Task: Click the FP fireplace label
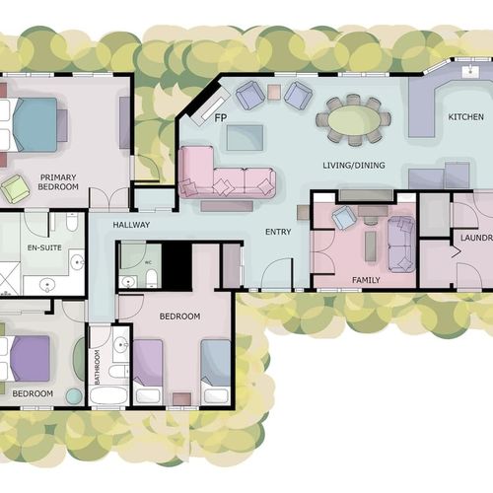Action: pos(221,117)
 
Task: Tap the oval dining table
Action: pos(354,120)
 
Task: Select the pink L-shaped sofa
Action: pos(226,173)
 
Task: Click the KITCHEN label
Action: pos(465,117)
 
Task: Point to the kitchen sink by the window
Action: pos(471,72)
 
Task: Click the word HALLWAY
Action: pos(131,225)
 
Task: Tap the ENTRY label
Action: pos(278,232)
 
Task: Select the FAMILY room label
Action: pos(366,280)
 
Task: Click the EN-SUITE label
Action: pos(44,247)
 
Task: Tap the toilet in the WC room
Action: pos(152,278)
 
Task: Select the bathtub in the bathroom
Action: pos(108,395)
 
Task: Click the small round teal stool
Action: pos(74,396)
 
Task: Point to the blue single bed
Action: pos(216,372)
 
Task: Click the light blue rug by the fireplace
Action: pos(245,138)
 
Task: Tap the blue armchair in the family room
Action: pos(344,218)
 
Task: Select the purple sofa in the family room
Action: pos(401,244)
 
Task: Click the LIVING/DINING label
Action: pos(354,165)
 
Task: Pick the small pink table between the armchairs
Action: pos(274,92)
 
